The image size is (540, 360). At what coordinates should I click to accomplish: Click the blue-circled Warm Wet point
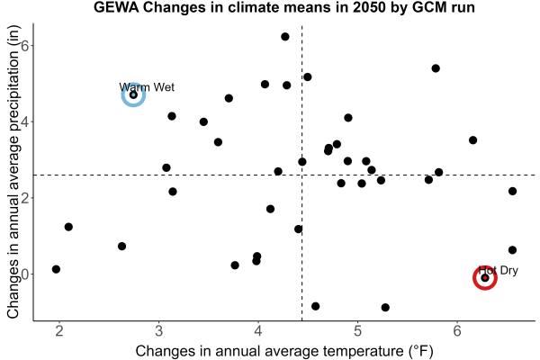tap(133, 94)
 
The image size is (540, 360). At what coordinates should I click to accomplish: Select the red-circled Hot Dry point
tap(485, 278)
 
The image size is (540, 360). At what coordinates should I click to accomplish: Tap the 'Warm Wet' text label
tap(147, 87)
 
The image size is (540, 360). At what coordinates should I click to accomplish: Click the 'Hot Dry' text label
tap(499, 270)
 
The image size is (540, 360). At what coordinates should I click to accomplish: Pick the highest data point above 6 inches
tap(284, 37)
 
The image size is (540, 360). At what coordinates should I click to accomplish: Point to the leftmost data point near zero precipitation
tap(56, 269)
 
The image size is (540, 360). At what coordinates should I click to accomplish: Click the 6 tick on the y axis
tap(25, 46)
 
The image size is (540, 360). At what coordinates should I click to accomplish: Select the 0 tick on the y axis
tap(25, 274)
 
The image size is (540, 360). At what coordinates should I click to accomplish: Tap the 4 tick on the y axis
tap(25, 122)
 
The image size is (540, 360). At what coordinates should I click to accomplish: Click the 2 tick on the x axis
tap(59, 331)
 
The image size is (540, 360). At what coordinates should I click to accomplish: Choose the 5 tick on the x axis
tap(357, 331)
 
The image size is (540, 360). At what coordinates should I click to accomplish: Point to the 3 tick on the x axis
tap(158, 331)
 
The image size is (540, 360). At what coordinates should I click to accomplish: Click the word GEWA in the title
tap(116, 7)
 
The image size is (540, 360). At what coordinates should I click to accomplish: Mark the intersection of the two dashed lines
tap(302, 175)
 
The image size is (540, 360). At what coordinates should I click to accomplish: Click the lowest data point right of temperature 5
tap(385, 307)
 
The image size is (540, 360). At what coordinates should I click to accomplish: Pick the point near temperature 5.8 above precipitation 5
tap(436, 68)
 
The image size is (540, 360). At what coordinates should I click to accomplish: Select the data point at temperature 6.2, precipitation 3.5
tap(472, 140)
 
